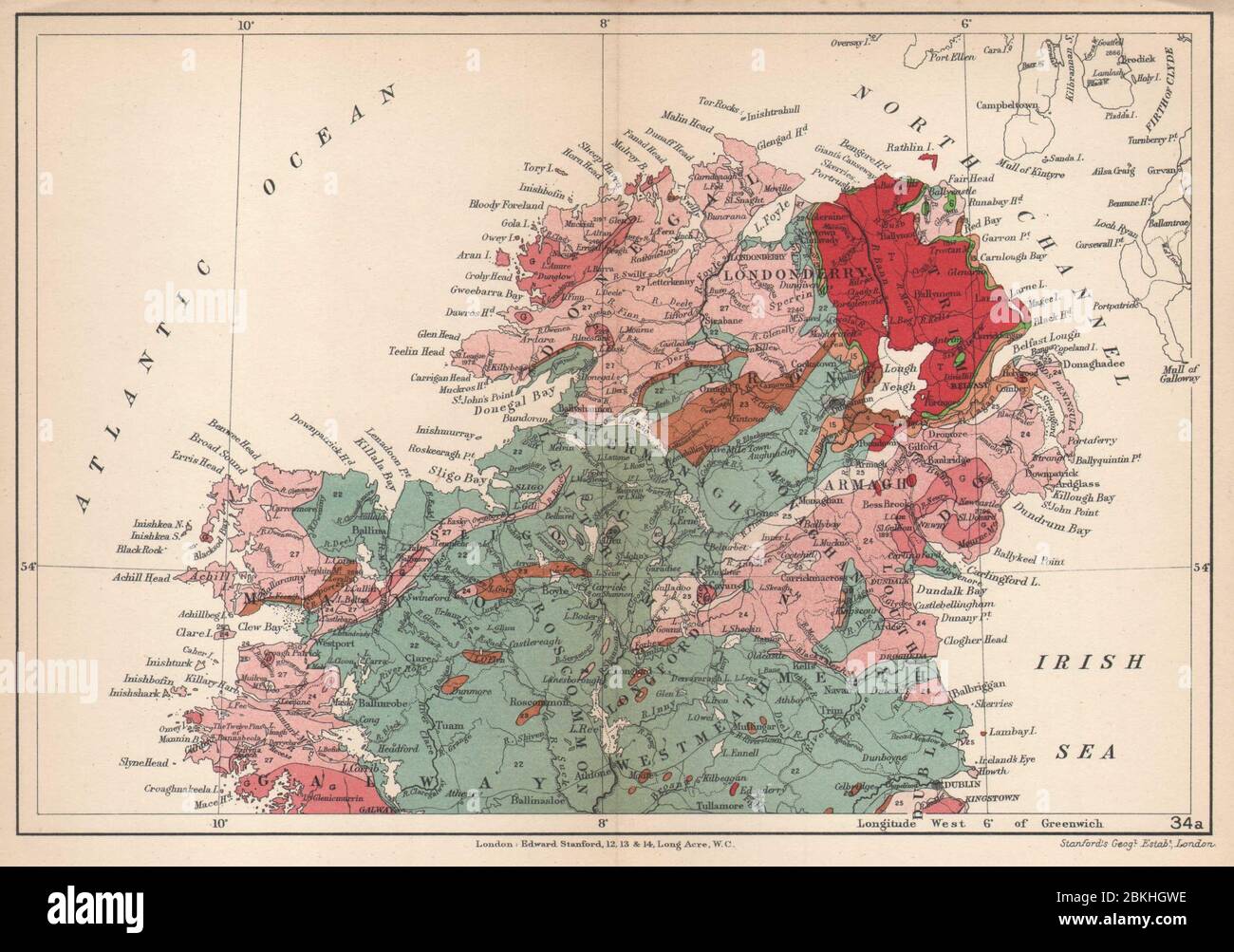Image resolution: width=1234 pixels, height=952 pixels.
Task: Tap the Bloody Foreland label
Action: tap(531, 205)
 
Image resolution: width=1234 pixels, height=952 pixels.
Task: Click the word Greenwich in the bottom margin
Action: tap(1066, 826)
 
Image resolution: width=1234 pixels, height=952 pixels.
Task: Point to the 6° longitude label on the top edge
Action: tap(965, 23)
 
